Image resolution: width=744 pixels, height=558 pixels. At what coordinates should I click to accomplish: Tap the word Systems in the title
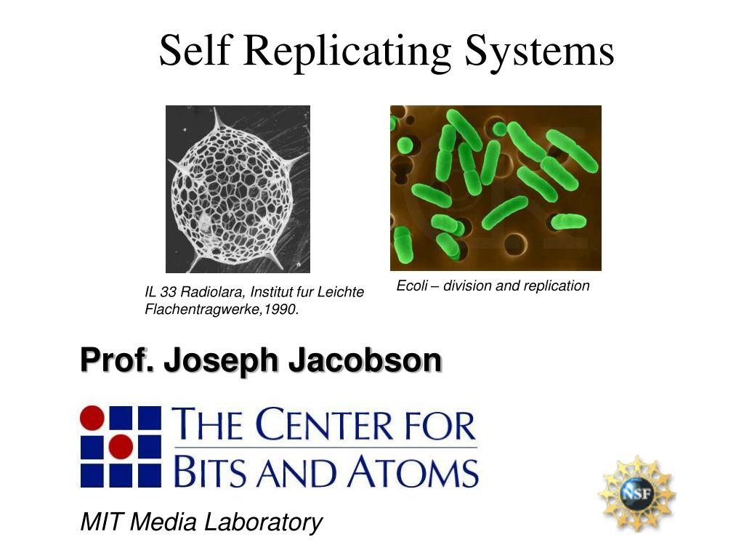coord(540,51)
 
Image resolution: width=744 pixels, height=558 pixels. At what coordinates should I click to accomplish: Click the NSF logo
coord(636,493)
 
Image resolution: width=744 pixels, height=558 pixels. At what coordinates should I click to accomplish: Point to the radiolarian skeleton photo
coord(238,189)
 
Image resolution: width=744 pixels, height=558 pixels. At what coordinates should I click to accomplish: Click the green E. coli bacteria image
coord(496,187)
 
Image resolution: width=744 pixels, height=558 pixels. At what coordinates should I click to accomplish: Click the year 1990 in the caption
coord(285,310)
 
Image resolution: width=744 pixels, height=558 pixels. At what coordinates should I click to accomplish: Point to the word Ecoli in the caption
coord(411,286)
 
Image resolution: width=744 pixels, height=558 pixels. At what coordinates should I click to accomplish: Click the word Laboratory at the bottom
coord(262,522)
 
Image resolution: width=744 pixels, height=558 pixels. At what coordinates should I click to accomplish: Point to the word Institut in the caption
coord(272,293)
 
